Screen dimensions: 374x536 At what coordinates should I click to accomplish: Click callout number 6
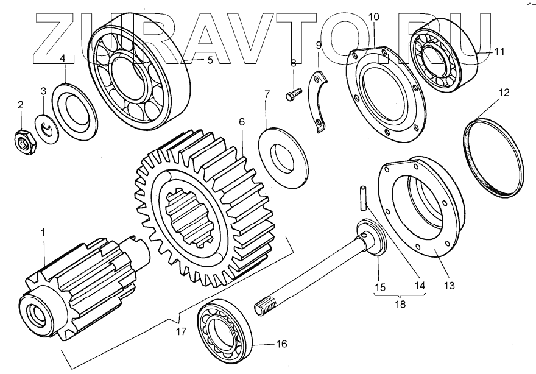[x=242, y=122]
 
